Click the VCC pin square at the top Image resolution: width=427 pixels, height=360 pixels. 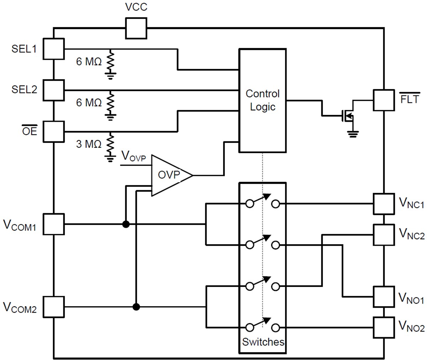pos(136,28)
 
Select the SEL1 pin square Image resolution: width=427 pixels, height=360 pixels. pos(53,49)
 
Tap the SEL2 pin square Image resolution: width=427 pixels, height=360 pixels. pos(53,90)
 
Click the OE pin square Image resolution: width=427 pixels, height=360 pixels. pos(53,131)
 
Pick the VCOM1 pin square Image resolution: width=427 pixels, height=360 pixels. pos(53,224)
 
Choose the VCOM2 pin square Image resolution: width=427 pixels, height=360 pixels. pos(53,307)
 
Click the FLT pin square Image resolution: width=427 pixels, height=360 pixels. pos(384,100)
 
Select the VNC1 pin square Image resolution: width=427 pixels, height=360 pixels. pos(384,204)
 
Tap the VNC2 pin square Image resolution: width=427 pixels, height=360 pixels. pos(384,235)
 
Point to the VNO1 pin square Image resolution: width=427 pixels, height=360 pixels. pos(384,296)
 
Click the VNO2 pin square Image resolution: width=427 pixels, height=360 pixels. pos(384,327)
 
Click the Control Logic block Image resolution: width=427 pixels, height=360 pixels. pos(263,100)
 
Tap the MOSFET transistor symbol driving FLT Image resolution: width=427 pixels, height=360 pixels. pos(346,116)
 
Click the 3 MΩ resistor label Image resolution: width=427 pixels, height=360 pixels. pos(89,144)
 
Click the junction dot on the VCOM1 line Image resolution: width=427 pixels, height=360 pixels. pos(126,224)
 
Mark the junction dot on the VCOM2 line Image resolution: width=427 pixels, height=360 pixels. pos(136,307)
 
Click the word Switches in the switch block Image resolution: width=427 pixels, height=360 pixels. pos(263,342)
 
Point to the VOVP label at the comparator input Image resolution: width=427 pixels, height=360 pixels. pos(133,156)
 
